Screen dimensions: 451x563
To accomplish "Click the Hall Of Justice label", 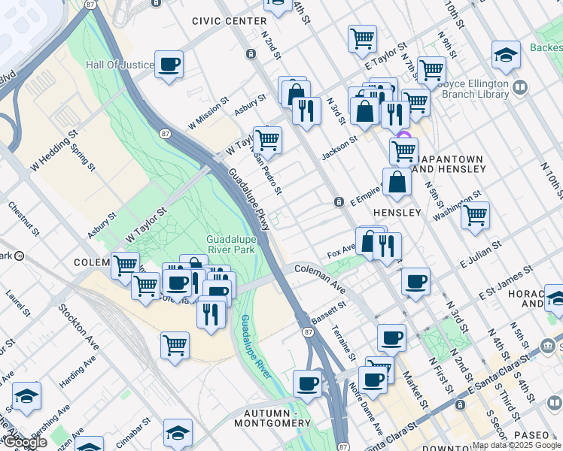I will pyautogui.click(x=120, y=65).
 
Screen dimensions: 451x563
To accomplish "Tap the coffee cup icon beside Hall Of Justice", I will pyautogui.click(x=169, y=64).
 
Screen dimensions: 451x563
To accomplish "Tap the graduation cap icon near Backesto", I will pyautogui.click(x=506, y=55).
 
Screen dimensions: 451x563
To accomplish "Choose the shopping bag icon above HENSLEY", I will pyautogui.click(x=397, y=182).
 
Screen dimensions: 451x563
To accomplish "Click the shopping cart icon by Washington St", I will pyautogui.click(x=475, y=215).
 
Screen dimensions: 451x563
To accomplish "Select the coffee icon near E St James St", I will pyautogui.click(x=415, y=282).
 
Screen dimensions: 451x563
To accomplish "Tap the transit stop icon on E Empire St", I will pyautogui.click(x=339, y=201).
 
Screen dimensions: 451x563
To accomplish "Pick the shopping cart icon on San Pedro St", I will pyautogui.click(x=267, y=140).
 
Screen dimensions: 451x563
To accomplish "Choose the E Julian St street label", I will pyautogui.click(x=480, y=253).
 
